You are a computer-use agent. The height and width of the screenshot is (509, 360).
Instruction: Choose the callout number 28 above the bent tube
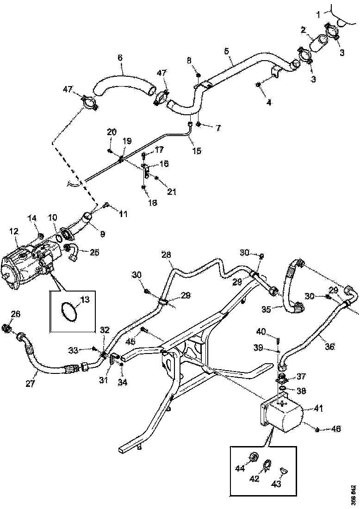[x=166, y=254]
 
